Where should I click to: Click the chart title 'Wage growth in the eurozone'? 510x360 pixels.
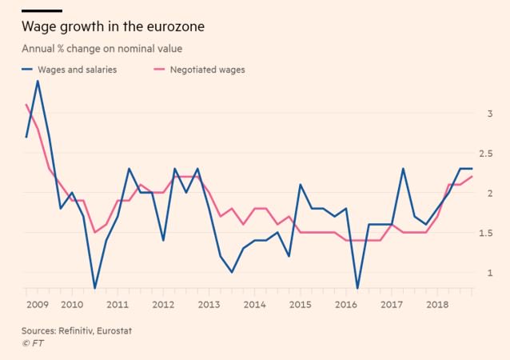click(x=112, y=27)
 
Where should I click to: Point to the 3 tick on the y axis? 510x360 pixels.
click(x=490, y=114)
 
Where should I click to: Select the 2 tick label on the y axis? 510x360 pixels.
click(x=490, y=194)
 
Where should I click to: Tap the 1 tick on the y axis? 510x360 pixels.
click(x=490, y=273)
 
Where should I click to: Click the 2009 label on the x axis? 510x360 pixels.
click(x=38, y=305)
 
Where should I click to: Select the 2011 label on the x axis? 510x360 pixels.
click(x=118, y=305)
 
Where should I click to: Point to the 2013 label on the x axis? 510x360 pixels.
click(x=209, y=305)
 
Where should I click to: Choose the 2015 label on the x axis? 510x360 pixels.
click(x=300, y=305)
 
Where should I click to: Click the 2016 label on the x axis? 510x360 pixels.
click(x=345, y=305)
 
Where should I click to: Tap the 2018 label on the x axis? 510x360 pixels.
click(x=436, y=305)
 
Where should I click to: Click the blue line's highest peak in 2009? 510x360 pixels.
click(x=38, y=81)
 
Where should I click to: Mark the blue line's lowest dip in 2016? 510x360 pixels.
click(x=357, y=288)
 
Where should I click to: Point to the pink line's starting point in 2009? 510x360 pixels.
click(x=26, y=105)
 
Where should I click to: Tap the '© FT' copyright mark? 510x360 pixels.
click(x=33, y=342)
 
